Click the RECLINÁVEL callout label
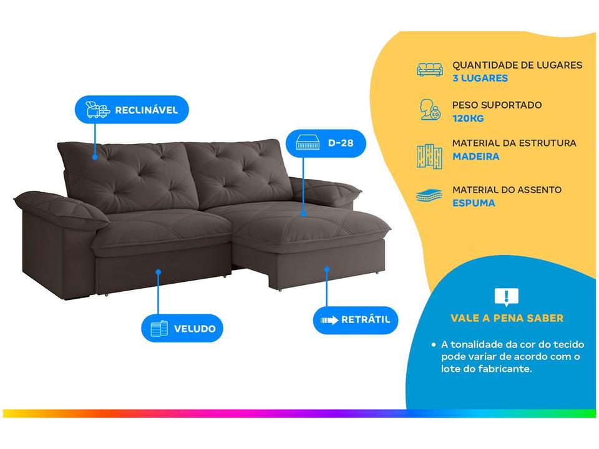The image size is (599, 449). [132, 110]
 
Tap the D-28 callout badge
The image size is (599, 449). [326, 143]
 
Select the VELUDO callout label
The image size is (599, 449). [182, 329]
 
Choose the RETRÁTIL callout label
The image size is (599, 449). [355, 320]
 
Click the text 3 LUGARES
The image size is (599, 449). [480, 78]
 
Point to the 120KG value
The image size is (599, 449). [468, 118]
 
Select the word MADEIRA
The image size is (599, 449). [475, 156]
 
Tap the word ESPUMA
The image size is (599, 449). [474, 203]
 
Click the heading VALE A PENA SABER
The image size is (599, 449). [507, 318]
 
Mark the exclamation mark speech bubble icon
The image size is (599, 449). [507, 297]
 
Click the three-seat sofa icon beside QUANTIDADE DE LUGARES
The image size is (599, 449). [430, 70]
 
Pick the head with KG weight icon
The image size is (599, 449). [430, 110]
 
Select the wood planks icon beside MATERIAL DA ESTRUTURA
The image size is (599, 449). [429, 156]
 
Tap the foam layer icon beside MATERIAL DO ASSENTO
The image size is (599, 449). [429, 196]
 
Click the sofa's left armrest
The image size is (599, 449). [61, 210]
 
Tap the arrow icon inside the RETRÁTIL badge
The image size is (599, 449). [329, 320]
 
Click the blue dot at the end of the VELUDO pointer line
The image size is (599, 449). [158, 272]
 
